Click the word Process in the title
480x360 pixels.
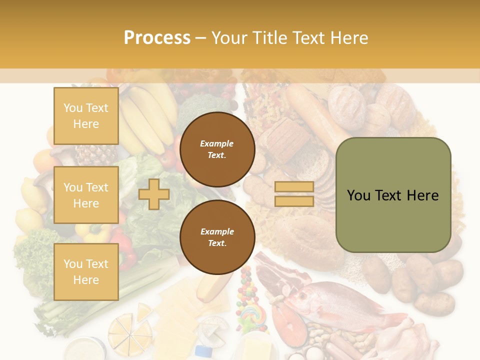(x=157, y=37)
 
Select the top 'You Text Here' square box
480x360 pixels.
(x=86, y=116)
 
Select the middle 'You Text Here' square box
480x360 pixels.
(x=86, y=195)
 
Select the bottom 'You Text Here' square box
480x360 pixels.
(x=86, y=271)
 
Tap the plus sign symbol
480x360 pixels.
(x=154, y=194)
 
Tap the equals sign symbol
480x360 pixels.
(x=294, y=194)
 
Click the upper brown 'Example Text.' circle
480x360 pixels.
(x=217, y=149)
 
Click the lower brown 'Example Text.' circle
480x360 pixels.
(x=217, y=237)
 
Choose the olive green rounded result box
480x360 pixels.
(x=393, y=195)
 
